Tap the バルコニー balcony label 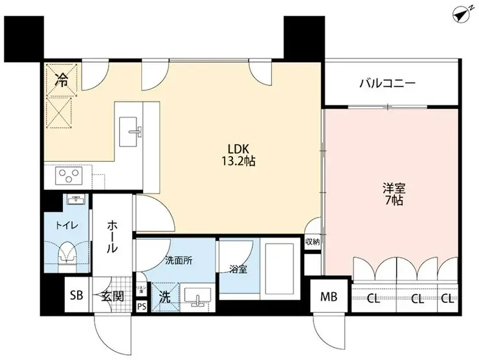(x=387, y=84)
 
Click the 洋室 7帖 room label (x=394, y=194)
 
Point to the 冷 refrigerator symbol (x=62, y=80)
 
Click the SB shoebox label (x=76, y=297)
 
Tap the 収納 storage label (x=313, y=242)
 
